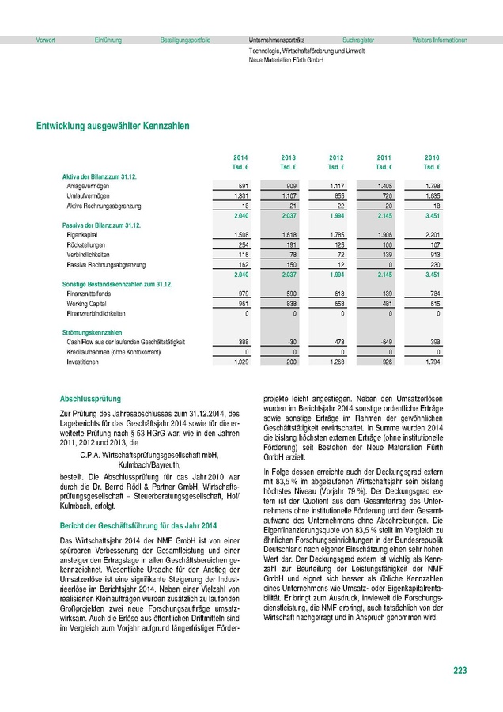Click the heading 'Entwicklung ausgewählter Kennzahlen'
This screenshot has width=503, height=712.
pos(112,126)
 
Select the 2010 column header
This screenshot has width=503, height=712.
pos(432,158)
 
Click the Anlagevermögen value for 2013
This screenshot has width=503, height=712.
pos(289,185)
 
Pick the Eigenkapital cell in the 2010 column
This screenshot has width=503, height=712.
pos(431,236)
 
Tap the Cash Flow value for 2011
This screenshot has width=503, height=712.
pos(384,341)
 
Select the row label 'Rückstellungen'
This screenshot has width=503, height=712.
pos(87,246)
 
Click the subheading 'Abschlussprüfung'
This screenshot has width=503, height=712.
pos(91,400)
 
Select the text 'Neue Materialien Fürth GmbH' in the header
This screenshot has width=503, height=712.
pos(286,59)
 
